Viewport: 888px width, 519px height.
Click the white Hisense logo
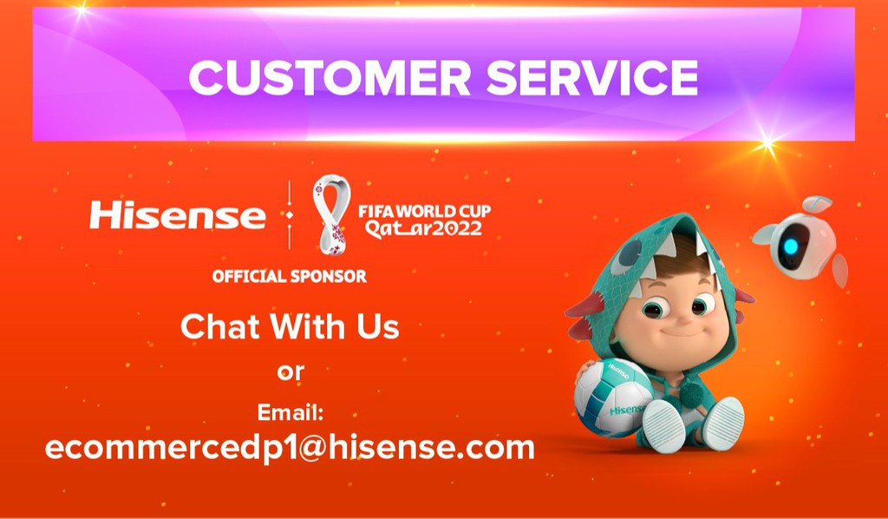pos(178,215)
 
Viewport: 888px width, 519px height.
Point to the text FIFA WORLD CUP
pos(424,211)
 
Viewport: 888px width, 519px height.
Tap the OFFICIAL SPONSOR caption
pos(290,277)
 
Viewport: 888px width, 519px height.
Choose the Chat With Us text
pos(290,327)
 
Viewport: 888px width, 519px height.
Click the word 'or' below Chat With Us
pos(291,371)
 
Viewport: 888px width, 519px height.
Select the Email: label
pos(291,411)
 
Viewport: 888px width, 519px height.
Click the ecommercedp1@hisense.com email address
pos(290,447)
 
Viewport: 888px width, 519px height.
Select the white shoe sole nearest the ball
pos(663,424)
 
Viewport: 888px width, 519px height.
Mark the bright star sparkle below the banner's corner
pos(767,144)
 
